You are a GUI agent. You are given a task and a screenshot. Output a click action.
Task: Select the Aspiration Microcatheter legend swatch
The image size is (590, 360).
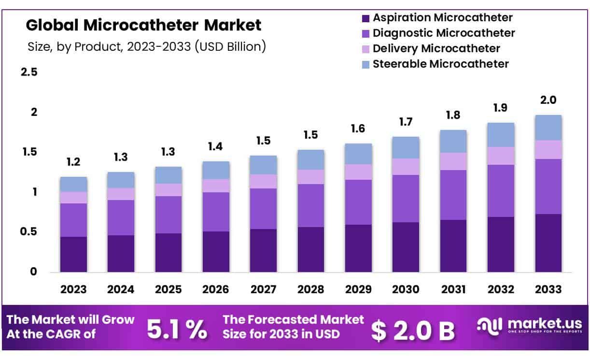tap(365, 18)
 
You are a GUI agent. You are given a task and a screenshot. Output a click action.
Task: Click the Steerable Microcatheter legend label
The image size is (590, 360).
tap(441, 64)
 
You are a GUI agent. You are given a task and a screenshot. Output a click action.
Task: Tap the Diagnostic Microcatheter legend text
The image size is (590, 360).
tap(444, 33)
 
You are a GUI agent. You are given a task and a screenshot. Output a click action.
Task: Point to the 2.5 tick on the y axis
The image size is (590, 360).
tap(28, 72)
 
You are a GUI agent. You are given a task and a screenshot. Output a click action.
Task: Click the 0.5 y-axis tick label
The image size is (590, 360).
tap(28, 232)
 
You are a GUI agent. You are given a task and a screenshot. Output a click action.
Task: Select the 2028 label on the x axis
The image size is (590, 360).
tap(310, 289)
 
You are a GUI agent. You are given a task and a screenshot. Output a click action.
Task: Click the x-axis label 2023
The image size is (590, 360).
tap(73, 289)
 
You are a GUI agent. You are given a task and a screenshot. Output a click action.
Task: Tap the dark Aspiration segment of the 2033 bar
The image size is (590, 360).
tap(548, 243)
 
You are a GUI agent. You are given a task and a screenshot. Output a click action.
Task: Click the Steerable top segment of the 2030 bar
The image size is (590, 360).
tap(406, 147)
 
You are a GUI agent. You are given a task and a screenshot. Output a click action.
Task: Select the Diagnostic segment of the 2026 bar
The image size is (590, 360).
tap(215, 212)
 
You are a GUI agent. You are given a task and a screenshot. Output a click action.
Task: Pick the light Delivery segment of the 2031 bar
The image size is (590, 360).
tap(453, 161)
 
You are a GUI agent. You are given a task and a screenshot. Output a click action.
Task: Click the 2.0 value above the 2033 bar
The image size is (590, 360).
tap(548, 101)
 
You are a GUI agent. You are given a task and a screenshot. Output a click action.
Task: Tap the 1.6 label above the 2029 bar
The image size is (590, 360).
tap(358, 129)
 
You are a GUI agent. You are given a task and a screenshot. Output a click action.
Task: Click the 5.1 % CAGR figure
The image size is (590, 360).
tap(177, 329)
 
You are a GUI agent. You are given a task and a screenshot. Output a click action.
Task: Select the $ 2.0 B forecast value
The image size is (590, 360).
tap(413, 331)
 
